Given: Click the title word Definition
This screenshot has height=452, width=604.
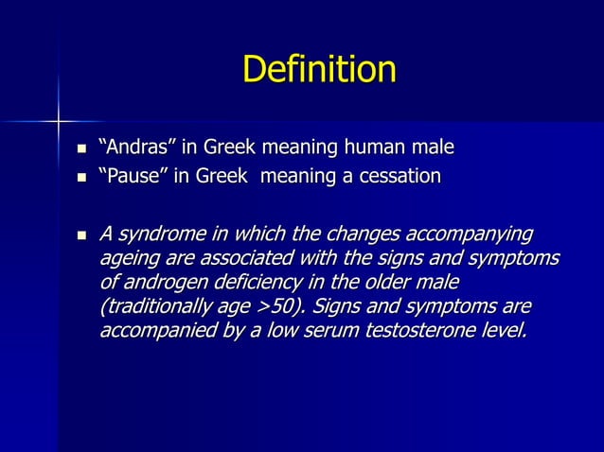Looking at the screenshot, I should coord(319,70).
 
